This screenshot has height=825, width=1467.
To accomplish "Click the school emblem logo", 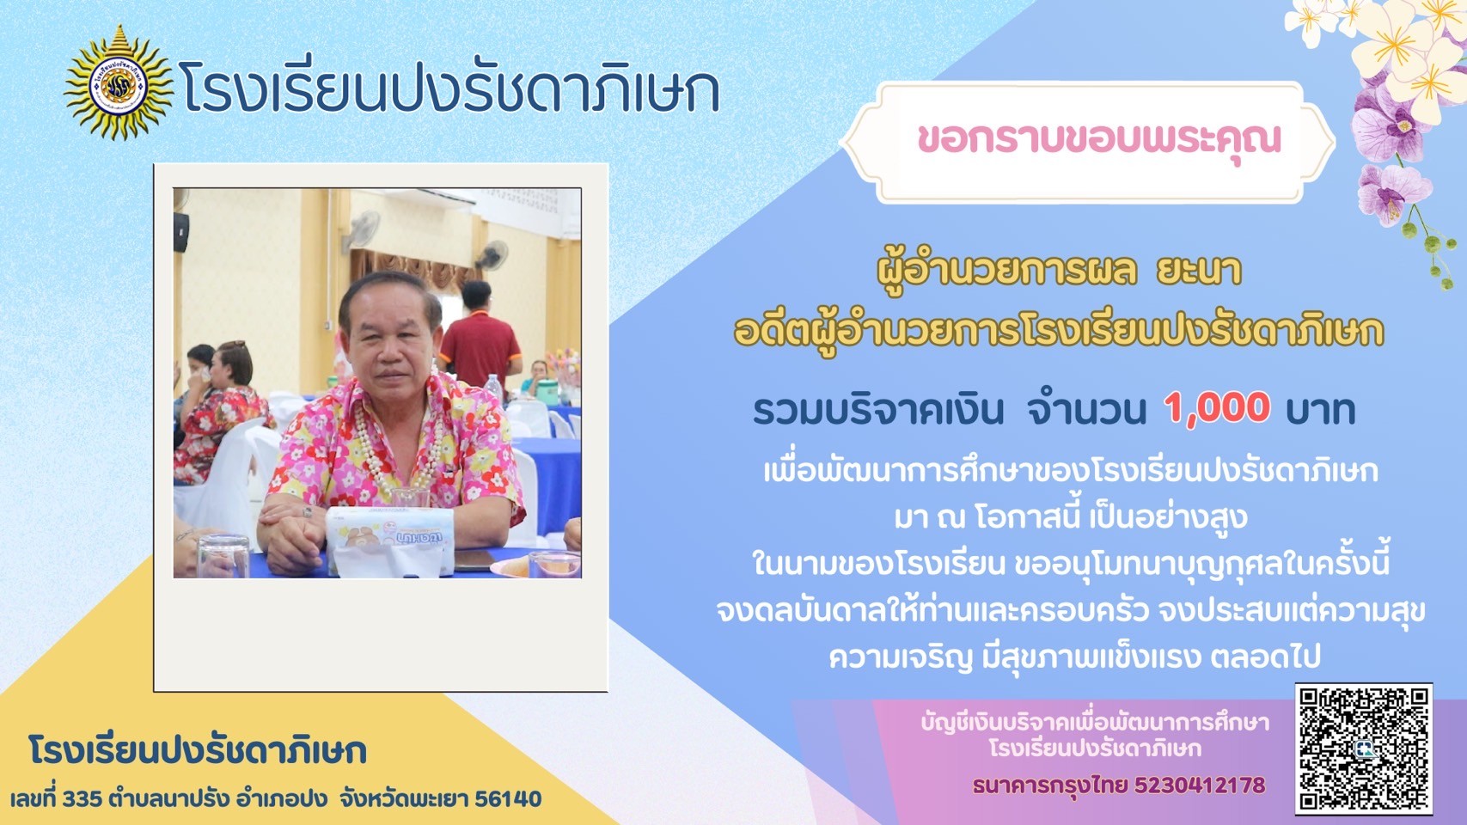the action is click(119, 83).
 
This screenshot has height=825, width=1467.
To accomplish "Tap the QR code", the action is click(1364, 749).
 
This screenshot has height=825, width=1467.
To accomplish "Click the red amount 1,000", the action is click(1218, 408).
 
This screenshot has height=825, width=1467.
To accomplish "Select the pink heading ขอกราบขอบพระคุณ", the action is click(1099, 139).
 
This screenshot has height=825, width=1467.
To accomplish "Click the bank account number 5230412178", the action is click(1200, 785).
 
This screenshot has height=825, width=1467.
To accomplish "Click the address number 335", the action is click(83, 799).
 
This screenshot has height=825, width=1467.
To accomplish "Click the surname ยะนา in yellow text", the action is click(1198, 271).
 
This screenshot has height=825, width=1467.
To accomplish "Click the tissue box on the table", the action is click(389, 540).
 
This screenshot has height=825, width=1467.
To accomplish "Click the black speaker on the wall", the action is click(180, 232).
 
